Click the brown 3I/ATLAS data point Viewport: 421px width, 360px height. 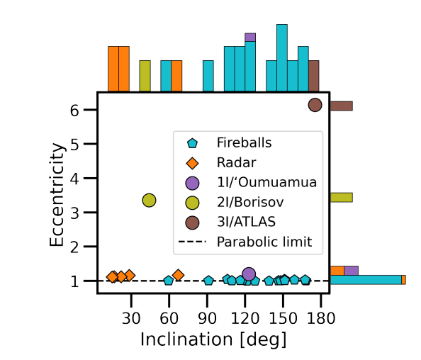coord(315,104)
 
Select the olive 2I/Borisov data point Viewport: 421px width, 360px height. coord(150,201)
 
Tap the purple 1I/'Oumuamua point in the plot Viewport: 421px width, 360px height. coord(249,274)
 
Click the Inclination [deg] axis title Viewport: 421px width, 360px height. coord(213,339)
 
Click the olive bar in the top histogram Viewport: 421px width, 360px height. coord(145,76)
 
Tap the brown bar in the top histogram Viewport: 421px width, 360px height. coord(313,76)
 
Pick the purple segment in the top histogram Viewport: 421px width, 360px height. coord(250,37)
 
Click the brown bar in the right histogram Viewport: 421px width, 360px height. coord(341,106)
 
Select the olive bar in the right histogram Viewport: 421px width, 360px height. coord(341,198)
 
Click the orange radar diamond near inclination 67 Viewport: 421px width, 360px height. coord(178,274)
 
